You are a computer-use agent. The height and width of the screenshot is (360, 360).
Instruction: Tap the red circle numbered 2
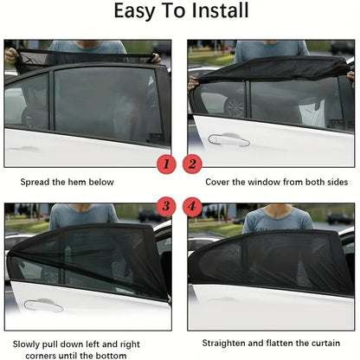192,162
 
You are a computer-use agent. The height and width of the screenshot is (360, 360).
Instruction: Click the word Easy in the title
139,12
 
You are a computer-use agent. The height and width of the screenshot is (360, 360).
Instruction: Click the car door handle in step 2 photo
228,138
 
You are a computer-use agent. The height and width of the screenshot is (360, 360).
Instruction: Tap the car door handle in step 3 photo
43,305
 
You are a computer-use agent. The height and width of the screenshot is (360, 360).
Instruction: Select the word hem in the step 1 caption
83,183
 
